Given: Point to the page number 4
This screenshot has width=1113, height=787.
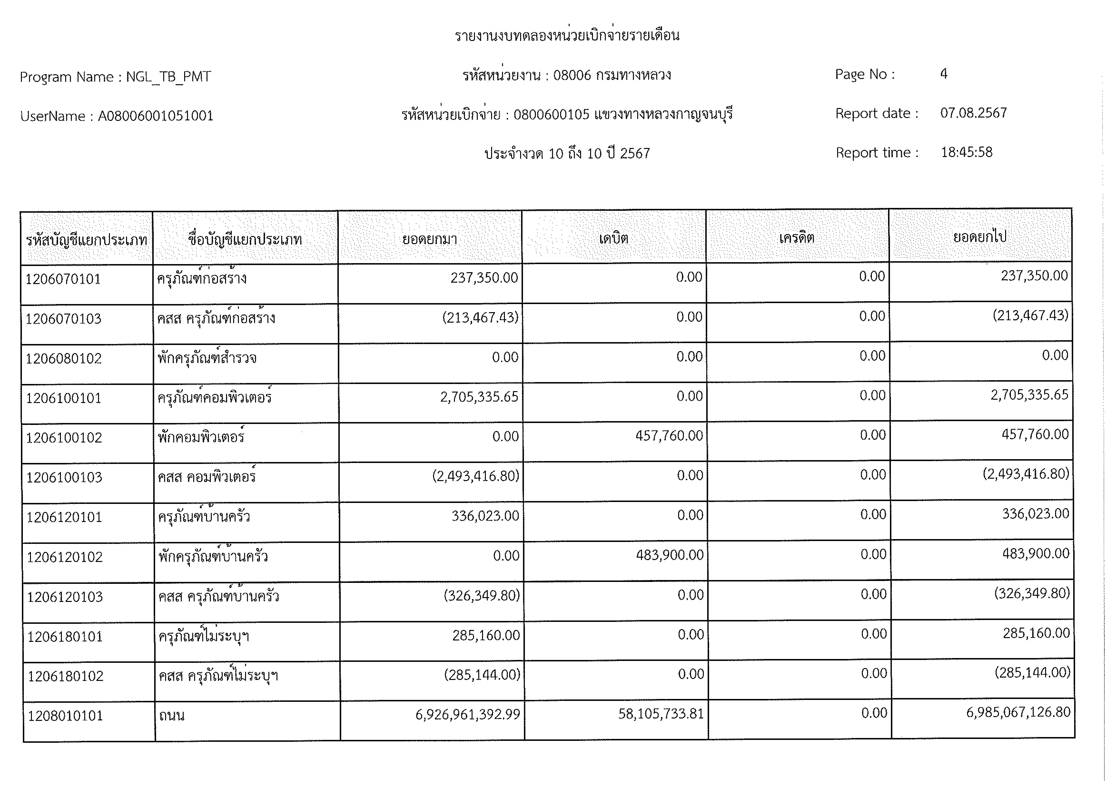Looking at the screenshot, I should click(943, 74).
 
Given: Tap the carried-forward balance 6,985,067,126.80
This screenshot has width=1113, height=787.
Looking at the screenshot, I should click(1018, 712).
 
